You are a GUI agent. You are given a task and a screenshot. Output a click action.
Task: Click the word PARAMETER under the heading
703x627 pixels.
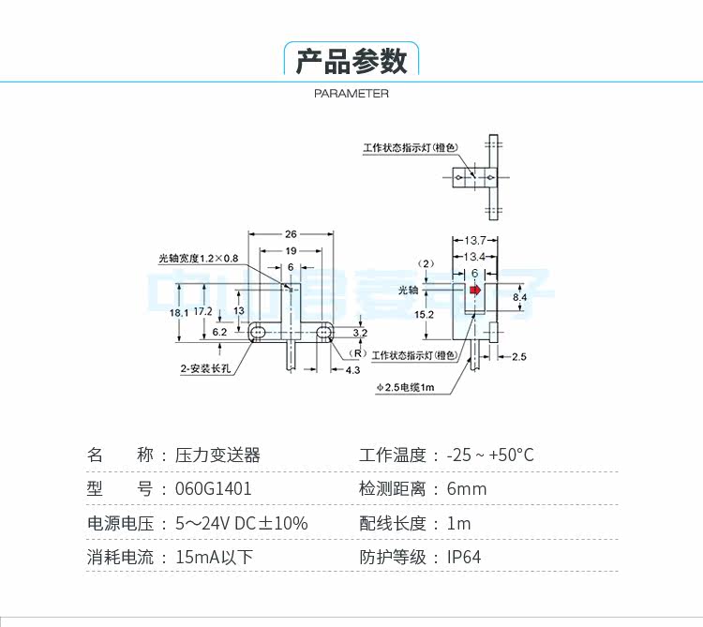point(351,94)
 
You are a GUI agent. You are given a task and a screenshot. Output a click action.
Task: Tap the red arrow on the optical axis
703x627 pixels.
point(475,291)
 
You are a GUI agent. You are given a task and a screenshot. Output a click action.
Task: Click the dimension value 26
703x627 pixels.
point(291,233)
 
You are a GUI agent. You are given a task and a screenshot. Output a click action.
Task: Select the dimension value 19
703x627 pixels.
point(291,250)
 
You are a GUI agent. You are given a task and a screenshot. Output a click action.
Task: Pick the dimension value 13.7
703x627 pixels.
point(474,241)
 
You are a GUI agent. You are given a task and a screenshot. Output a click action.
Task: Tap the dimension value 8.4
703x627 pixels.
point(520,297)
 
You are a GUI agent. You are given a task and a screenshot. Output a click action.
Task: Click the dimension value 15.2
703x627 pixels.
point(424,315)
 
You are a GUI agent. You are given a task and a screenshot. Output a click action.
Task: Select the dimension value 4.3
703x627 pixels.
point(352,370)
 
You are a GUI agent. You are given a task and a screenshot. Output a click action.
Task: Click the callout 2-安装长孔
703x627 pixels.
point(205,369)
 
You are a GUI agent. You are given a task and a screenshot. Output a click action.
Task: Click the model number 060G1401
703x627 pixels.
point(214,489)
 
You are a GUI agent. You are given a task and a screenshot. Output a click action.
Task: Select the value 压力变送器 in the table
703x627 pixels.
point(217,455)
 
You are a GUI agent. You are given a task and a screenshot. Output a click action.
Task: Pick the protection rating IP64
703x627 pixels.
point(464,557)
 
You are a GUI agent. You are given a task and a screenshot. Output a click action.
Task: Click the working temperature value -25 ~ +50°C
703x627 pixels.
point(490,455)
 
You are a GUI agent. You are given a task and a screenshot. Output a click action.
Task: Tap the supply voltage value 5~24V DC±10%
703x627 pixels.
point(241,523)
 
